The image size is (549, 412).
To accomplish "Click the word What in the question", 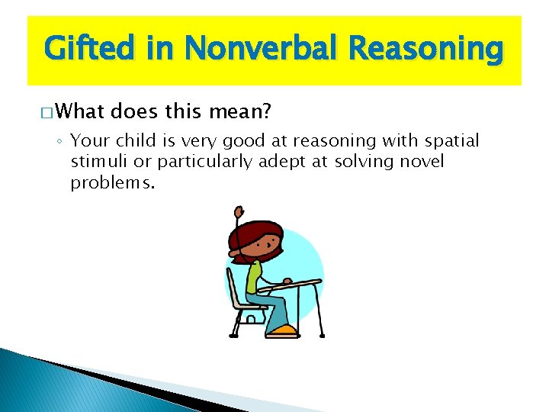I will pos(81,113).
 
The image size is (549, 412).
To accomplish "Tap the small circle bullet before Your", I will pos(60,142).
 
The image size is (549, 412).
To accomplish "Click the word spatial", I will pos(453,140).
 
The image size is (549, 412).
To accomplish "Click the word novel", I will pos(418,162).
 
